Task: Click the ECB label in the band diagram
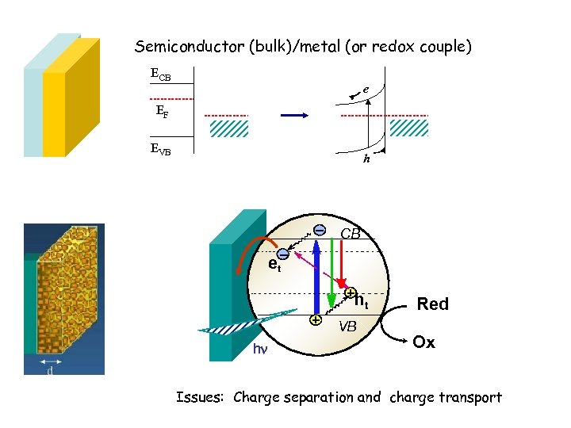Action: point(161,75)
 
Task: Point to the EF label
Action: point(161,112)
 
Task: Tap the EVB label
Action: point(161,148)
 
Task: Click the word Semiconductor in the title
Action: point(183,47)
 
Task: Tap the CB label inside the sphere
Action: point(351,234)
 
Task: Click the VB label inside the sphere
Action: point(348,326)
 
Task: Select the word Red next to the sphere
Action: point(433,304)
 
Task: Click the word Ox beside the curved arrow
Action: point(424,342)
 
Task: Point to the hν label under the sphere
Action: point(259,349)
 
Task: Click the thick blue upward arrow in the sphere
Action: point(316,273)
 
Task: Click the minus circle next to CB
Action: point(318,230)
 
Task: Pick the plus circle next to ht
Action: point(350,292)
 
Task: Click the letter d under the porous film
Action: point(49,370)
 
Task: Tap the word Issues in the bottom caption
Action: point(201,397)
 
